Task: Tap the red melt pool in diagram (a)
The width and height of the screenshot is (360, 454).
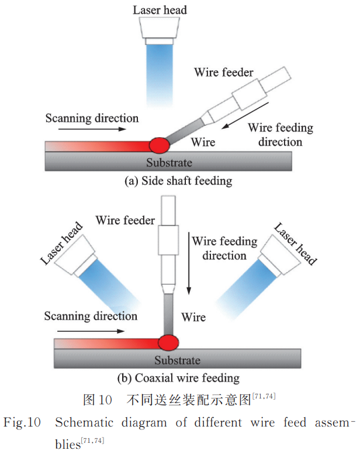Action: pyautogui.click(x=160, y=143)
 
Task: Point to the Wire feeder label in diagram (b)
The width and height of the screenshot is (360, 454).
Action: pyautogui.click(x=125, y=220)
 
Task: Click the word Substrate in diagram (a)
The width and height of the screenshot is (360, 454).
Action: pyautogui.click(x=169, y=162)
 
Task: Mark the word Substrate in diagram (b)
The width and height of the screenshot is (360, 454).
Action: pyautogui.click(x=177, y=361)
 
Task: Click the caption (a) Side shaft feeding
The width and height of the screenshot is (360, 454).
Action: pyautogui.click(x=178, y=181)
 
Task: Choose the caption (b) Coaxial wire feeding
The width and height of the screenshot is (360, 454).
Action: pyautogui.click(x=178, y=378)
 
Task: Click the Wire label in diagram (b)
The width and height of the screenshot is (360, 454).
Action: pyautogui.click(x=193, y=317)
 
